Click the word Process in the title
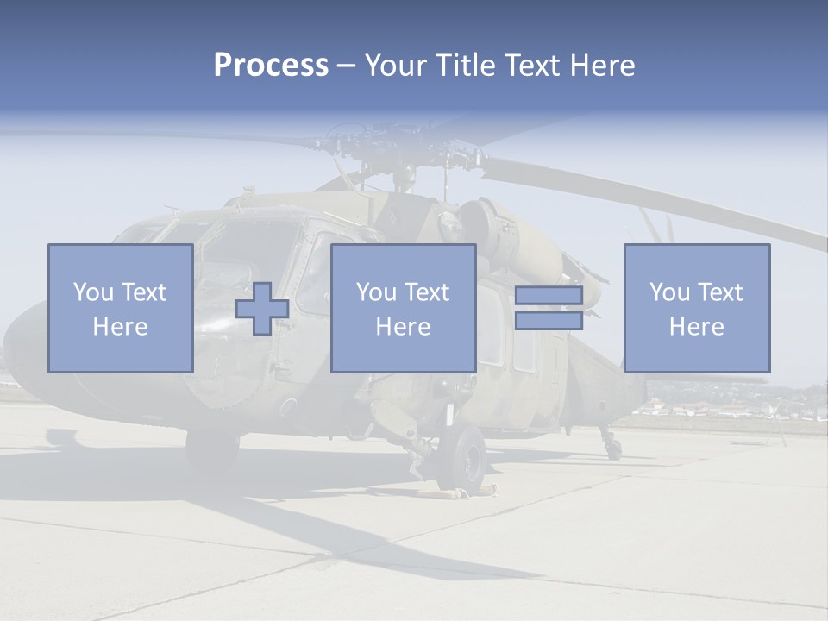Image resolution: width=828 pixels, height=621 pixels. [271, 66]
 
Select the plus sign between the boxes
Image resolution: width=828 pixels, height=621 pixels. [262, 309]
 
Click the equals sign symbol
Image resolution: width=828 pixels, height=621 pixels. [549, 308]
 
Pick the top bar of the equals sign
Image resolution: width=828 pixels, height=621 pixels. [549, 296]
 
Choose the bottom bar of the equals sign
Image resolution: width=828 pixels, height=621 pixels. [549, 320]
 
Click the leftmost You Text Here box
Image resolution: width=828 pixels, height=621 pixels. [120, 308]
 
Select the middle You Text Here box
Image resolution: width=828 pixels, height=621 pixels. [403, 308]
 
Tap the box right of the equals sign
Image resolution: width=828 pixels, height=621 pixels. [696, 308]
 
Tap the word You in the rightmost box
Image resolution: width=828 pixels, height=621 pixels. [669, 292]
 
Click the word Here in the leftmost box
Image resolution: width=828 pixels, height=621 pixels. [120, 327]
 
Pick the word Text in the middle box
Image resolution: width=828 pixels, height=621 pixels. [427, 292]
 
